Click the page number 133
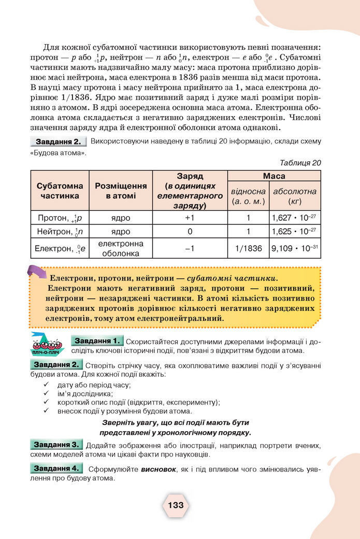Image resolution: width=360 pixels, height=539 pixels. [176, 505]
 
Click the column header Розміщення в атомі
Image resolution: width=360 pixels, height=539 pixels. [121, 190]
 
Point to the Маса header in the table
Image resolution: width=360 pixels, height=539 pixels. [274, 176]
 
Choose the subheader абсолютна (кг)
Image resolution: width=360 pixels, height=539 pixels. [295, 196]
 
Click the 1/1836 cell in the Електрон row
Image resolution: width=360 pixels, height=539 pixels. [248, 248]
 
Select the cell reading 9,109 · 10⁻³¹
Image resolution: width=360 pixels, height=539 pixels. [295, 248]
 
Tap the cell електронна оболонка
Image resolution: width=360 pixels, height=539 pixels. [121, 248]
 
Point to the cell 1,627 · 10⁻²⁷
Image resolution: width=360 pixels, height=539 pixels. [295, 218]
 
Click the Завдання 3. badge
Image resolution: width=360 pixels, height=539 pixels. [56, 445]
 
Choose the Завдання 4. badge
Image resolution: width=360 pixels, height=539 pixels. [56, 469]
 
